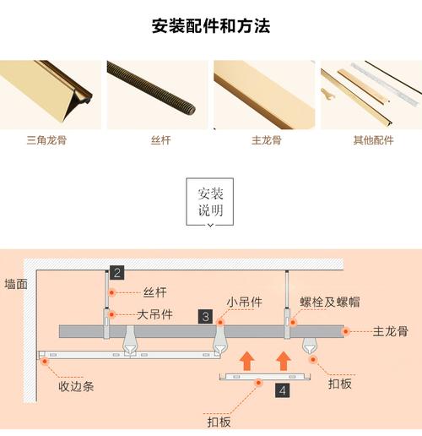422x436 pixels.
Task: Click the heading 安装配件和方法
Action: point(211,25)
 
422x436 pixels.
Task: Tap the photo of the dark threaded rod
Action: point(157,94)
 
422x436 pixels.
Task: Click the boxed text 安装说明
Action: point(211,201)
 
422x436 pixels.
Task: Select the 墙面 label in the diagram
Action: point(16,284)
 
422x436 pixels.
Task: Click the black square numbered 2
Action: point(117,272)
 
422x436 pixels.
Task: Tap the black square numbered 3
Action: point(206,316)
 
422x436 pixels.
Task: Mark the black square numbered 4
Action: point(282,390)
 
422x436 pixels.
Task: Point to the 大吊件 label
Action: point(154,313)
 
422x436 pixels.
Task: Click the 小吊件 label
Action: point(243,301)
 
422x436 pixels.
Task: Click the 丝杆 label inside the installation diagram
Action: point(155,292)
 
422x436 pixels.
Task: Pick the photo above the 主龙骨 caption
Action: point(264,94)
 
